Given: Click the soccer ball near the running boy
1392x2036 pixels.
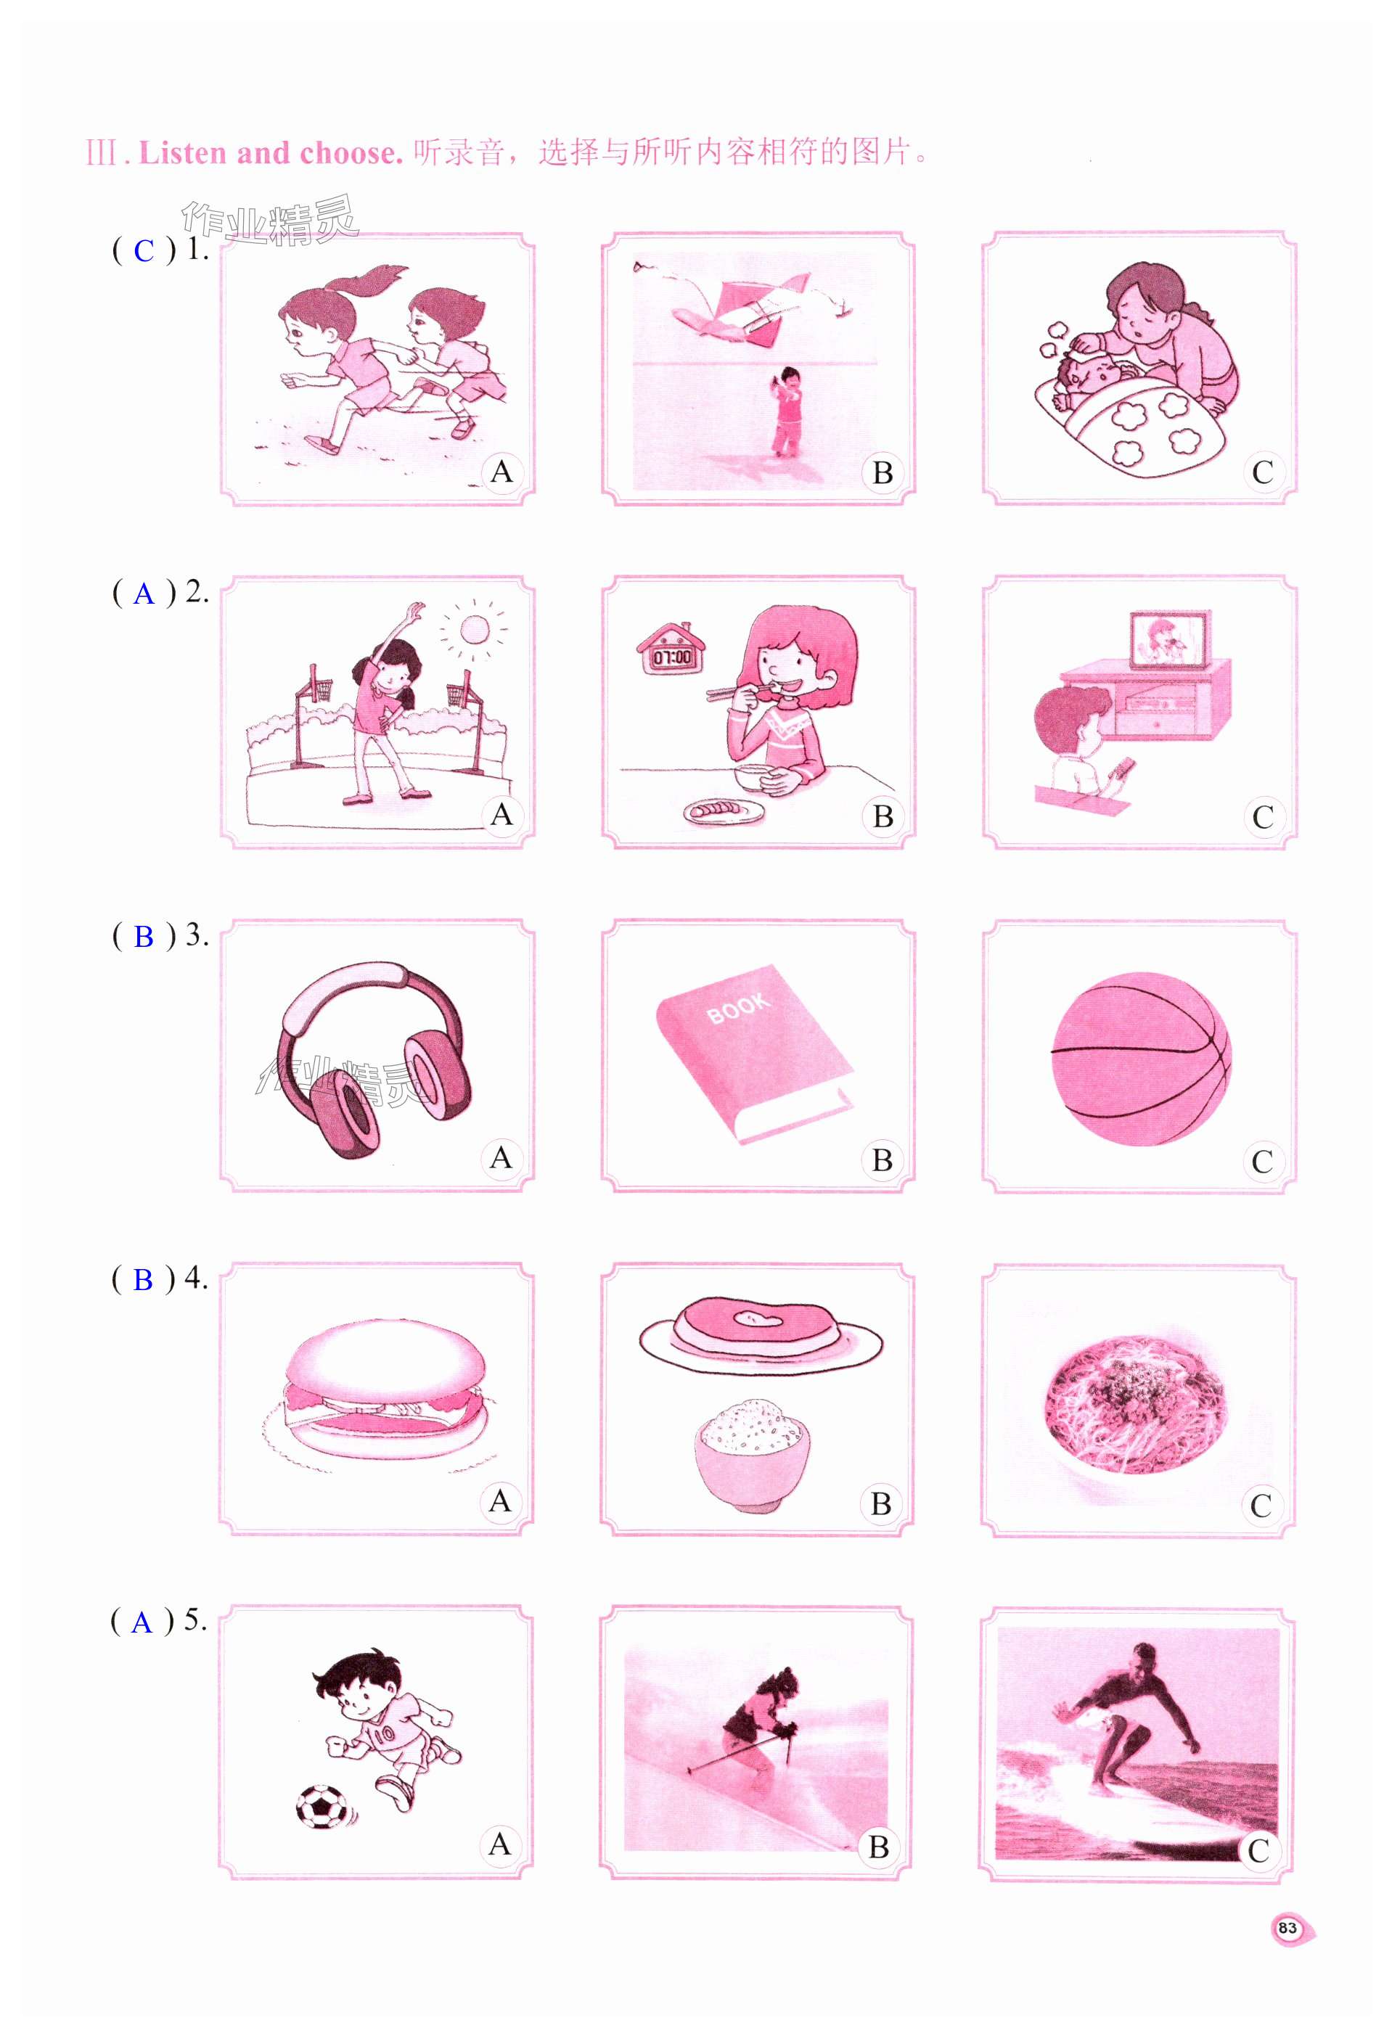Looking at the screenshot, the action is click(322, 1807).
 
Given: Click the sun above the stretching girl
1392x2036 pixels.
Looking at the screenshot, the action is click(474, 629).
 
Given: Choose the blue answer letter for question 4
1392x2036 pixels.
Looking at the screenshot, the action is click(143, 1280).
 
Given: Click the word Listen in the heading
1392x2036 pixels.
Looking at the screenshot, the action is click(183, 153).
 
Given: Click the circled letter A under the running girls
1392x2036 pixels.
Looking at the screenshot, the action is click(501, 472).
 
